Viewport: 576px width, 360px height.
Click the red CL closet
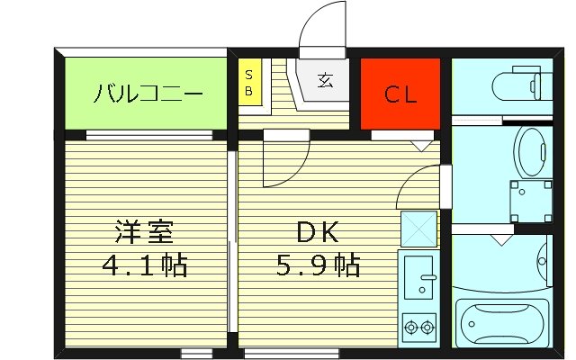coord(400,94)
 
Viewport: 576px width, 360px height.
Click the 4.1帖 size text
coord(144,265)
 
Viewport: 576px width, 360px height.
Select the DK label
coord(317,232)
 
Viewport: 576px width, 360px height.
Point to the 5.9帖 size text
coord(317,265)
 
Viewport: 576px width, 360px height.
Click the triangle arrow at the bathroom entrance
coord(500,240)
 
